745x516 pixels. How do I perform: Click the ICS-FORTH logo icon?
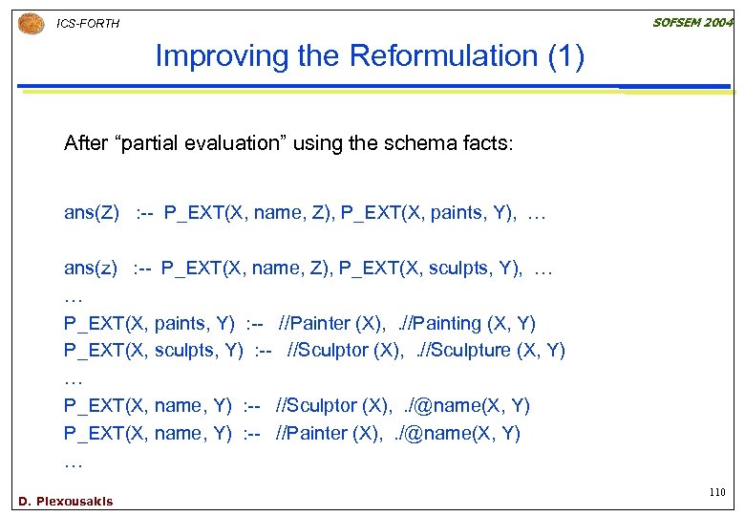[31, 23]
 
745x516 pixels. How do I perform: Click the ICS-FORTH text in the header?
[89, 23]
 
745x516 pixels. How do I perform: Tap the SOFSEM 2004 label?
[692, 21]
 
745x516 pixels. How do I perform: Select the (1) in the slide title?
[566, 56]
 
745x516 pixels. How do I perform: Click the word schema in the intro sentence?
[416, 144]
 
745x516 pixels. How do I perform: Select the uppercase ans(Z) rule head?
[92, 212]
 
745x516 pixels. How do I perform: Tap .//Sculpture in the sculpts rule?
[465, 351]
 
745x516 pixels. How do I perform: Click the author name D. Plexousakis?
[65, 501]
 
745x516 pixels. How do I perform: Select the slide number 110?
[717, 492]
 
